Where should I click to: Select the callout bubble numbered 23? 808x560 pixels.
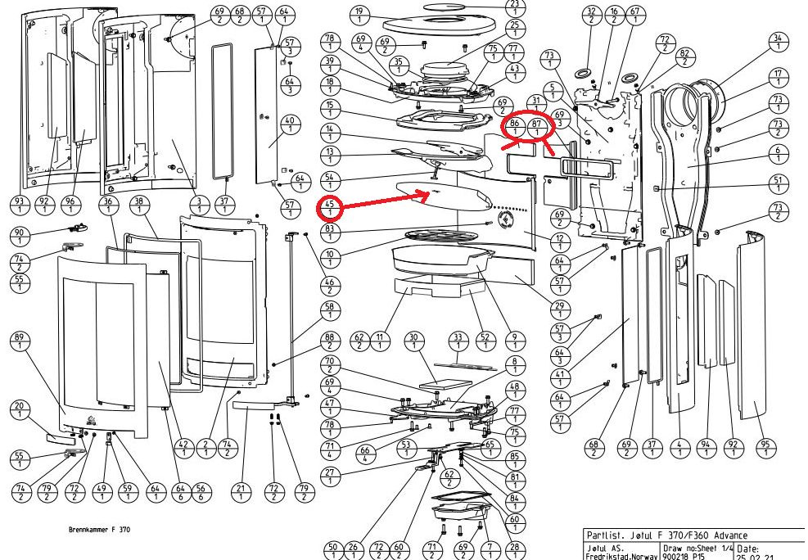coord(514,7)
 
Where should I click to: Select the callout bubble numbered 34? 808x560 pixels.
coord(778,43)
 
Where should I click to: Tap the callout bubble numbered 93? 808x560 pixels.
coord(19,205)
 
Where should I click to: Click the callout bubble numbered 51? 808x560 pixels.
coord(778,184)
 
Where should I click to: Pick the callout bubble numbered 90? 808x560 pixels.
coord(19,237)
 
